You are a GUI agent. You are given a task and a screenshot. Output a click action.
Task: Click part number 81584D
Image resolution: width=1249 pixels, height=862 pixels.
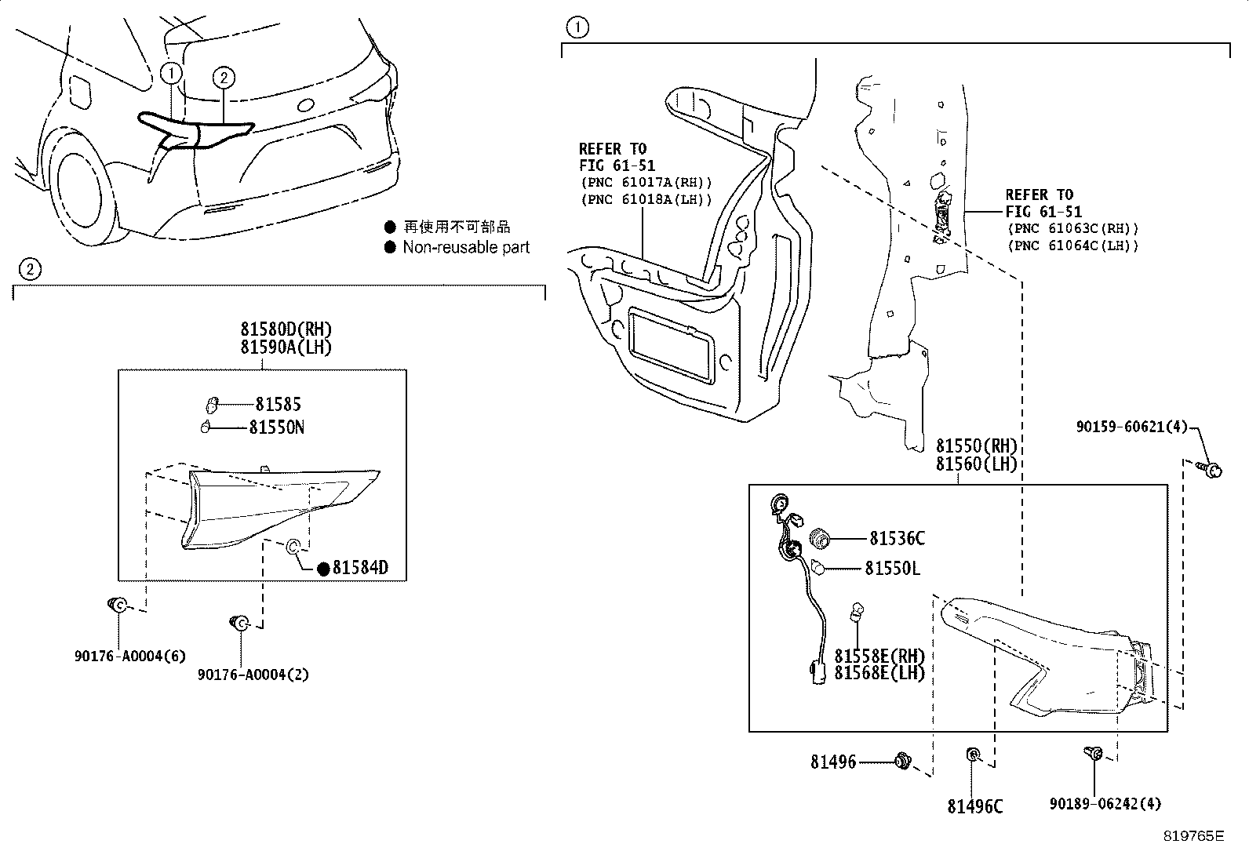(360, 568)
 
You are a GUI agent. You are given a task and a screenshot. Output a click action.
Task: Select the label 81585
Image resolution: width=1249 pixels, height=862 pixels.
(278, 405)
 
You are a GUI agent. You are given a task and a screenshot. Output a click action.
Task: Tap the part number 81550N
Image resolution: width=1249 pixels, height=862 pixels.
(277, 427)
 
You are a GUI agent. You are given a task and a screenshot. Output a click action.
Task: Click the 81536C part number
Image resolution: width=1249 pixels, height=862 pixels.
(897, 538)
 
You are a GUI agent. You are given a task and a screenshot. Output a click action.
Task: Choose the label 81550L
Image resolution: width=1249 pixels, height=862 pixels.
(892, 568)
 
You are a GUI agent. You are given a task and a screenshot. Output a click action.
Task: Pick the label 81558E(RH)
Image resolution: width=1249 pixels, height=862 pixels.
(879, 656)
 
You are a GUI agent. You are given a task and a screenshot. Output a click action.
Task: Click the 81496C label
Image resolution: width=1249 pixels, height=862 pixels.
(974, 806)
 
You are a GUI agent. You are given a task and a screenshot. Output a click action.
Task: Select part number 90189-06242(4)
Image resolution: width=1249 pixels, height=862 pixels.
(1105, 803)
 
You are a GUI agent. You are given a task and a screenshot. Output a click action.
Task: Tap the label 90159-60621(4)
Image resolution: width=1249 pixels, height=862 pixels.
(1132, 427)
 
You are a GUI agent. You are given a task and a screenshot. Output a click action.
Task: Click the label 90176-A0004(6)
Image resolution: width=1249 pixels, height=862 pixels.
(130, 656)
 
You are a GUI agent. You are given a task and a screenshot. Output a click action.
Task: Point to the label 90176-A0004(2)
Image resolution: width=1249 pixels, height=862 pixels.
(253, 675)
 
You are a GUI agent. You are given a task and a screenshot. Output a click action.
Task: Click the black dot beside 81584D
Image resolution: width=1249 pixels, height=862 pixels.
(323, 569)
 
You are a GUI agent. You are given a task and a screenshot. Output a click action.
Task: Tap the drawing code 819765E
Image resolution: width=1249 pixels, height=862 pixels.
(1193, 836)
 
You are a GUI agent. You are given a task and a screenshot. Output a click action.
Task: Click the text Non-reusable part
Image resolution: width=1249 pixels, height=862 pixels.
(466, 248)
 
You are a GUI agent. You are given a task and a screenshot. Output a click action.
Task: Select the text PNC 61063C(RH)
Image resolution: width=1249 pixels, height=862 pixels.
(1072, 229)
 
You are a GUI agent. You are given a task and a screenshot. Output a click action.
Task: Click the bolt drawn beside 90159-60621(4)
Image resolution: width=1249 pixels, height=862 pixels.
(1211, 470)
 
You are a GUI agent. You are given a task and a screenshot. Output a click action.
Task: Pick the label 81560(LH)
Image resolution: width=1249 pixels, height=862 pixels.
(976, 464)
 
